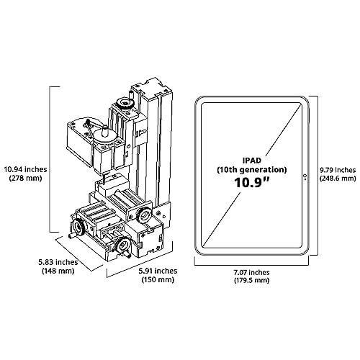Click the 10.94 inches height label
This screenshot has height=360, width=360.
25,169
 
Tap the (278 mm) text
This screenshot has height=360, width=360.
25,179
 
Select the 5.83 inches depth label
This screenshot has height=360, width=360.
58,262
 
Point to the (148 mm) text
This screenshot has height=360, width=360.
58,271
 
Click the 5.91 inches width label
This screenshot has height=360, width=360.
158,271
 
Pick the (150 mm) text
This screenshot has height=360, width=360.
158,280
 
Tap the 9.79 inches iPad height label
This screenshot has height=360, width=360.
338,170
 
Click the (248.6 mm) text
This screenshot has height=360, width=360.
338,179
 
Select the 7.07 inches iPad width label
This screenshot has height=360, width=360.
251,272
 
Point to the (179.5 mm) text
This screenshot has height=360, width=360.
251,280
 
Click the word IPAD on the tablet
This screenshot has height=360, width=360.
252,161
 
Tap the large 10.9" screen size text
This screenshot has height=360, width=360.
252,182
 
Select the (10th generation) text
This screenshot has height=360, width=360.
252,170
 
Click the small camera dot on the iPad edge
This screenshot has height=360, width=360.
305,176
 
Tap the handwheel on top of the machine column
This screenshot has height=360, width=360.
125,103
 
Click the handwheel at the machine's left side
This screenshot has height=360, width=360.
78,227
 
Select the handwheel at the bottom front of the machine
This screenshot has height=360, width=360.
123,246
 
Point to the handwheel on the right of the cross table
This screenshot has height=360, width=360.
143,215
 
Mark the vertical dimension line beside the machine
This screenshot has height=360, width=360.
50,159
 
